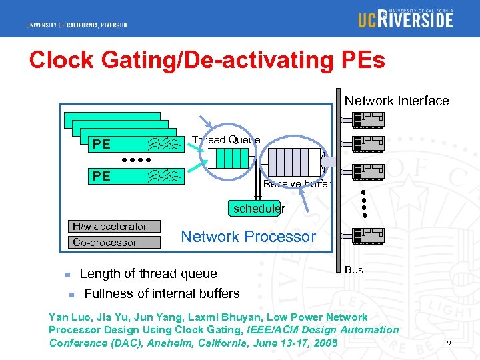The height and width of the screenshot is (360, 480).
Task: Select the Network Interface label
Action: [x=397, y=101]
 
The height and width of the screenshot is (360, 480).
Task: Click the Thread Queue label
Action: [x=226, y=139]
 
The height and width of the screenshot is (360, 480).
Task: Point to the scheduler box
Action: [x=259, y=208]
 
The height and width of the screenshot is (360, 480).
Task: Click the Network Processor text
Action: [x=248, y=237]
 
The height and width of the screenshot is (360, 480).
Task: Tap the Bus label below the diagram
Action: [x=354, y=269]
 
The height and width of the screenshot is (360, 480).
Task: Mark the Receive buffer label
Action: [x=297, y=184]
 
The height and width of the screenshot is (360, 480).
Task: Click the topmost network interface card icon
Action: [x=369, y=119]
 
